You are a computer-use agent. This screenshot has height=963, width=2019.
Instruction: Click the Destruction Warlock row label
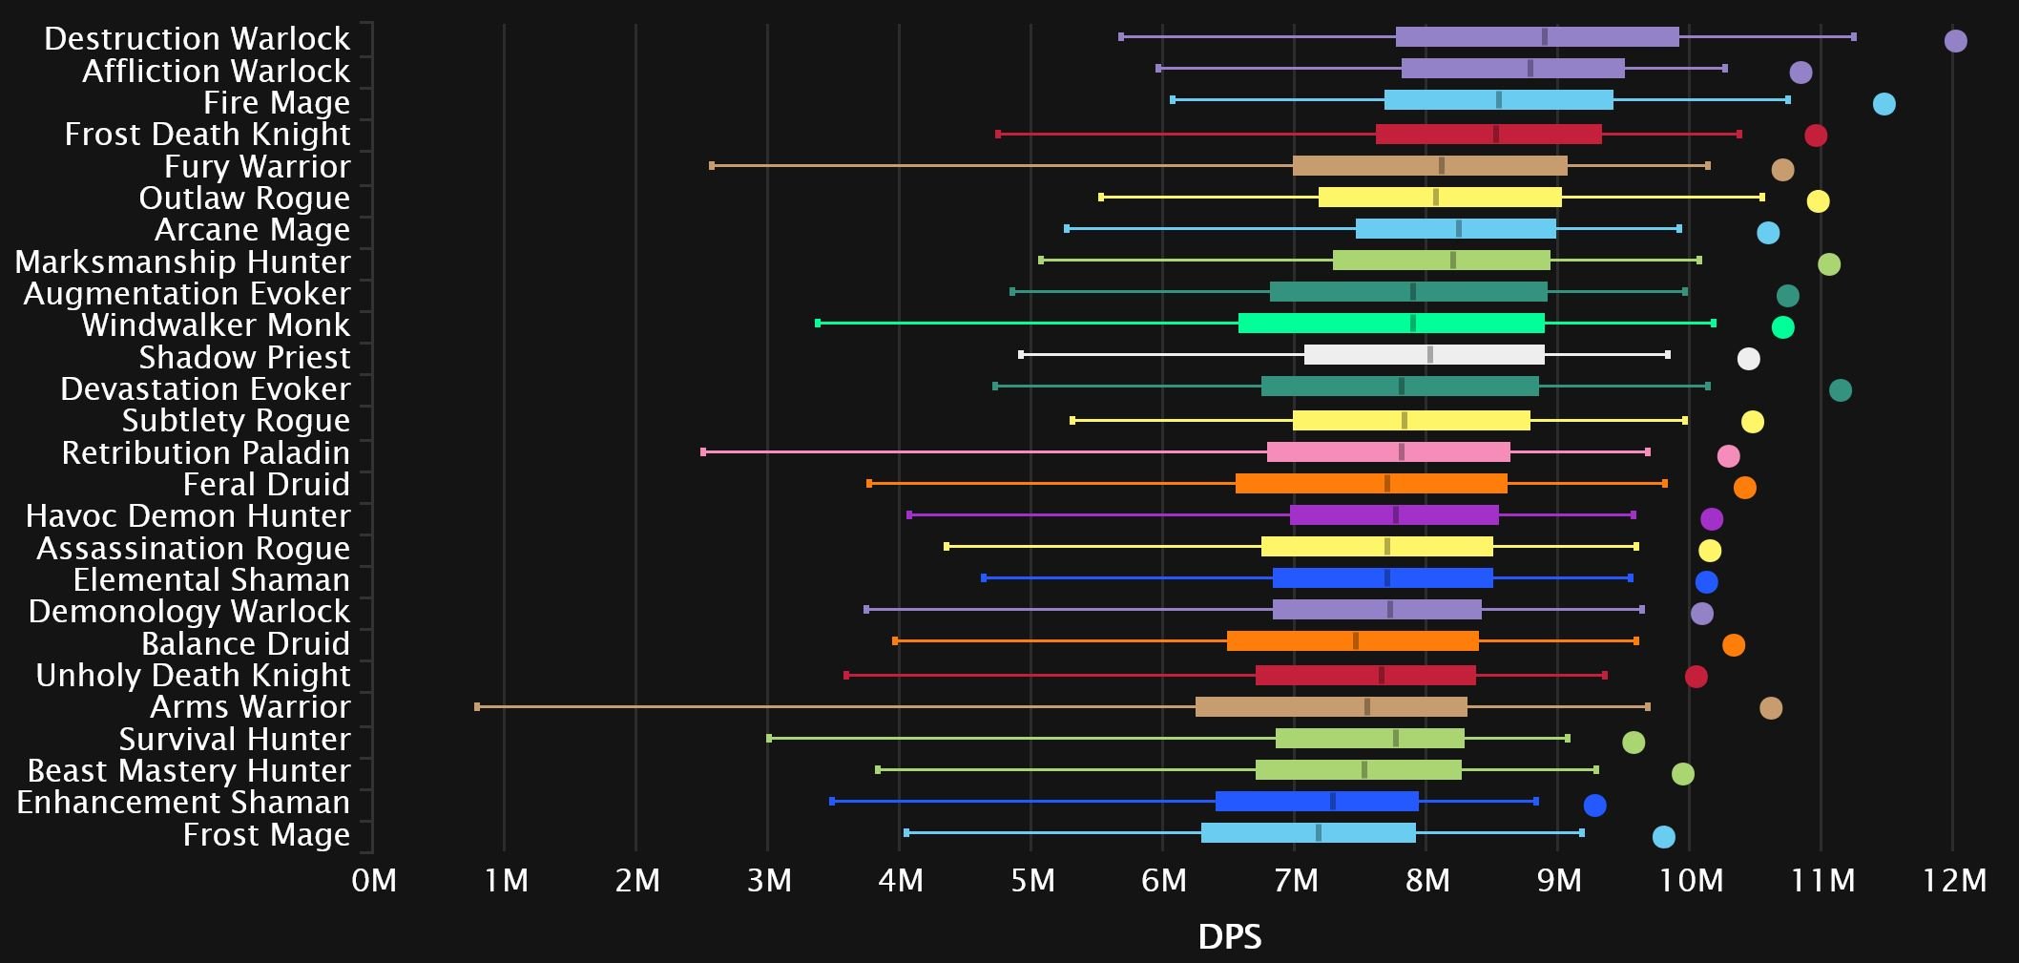(x=197, y=39)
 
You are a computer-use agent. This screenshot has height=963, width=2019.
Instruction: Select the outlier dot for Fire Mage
(x=1884, y=104)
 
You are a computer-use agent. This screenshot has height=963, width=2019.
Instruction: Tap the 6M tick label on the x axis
(x=1163, y=880)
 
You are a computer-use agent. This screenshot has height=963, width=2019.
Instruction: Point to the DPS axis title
(x=1229, y=936)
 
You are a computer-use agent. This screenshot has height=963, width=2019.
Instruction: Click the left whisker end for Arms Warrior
(x=477, y=706)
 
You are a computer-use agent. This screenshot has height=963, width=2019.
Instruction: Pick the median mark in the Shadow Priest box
(x=1429, y=355)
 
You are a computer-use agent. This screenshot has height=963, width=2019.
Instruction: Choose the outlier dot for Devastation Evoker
(x=1840, y=390)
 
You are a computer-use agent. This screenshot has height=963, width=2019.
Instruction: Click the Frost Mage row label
(x=266, y=835)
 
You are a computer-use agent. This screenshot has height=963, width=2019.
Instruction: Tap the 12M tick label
(x=1953, y=880)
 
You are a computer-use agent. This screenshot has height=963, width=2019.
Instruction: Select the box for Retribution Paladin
(x=1388, y=452)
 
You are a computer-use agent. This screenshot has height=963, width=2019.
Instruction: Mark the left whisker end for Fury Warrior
(x=712, y=166)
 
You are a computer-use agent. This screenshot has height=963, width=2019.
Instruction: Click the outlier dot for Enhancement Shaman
(x=1594, y=806)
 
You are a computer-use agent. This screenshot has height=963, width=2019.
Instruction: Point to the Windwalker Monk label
(x=216, y=325)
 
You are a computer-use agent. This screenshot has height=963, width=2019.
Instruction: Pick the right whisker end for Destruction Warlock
(x=1853, y=37)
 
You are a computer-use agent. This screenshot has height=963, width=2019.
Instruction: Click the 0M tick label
(x=373, y=880)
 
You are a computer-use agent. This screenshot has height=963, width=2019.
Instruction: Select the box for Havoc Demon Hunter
(x=1394, y=515)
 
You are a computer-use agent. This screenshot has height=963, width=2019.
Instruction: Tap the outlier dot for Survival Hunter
(x=1634, y=743)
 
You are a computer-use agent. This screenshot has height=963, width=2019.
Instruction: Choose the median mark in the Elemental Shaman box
(x=1386, y=578)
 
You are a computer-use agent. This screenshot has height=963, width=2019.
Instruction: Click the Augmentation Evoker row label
(x=187, y=294)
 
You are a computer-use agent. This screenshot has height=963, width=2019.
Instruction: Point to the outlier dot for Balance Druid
(x=1734, y=645)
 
